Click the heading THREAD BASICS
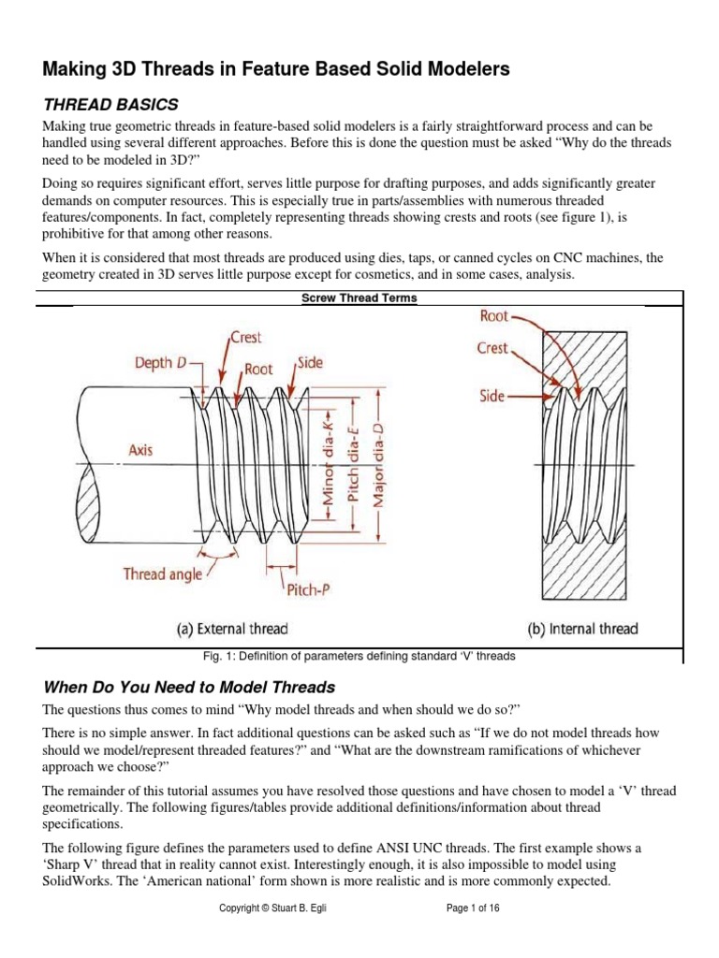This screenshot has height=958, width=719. (x=110, y=103)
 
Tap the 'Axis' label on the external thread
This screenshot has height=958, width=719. (x=141, y=449)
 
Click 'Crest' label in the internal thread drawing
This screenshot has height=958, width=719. (x=492, y=347)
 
